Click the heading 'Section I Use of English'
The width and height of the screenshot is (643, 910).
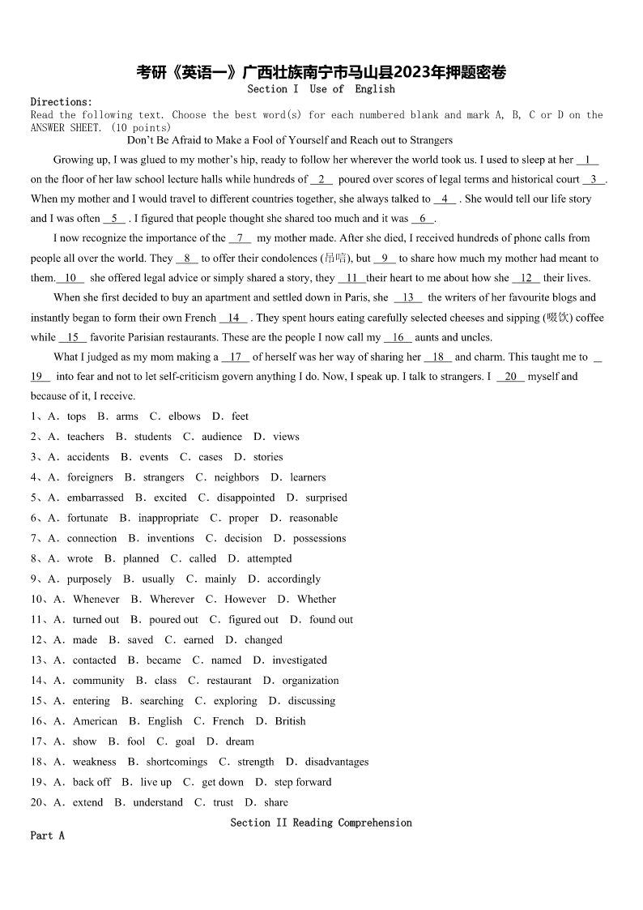[321, 89]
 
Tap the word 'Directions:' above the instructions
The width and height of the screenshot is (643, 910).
[62, 102]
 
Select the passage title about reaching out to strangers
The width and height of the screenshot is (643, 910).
[290, 140]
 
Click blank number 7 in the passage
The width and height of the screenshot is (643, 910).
[240, 238]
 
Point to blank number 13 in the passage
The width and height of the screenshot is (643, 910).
[407, 297]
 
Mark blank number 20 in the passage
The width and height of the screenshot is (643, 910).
[510, 376]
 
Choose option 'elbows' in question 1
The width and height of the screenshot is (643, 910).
[184, 417]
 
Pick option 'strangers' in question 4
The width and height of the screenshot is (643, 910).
[164, 477]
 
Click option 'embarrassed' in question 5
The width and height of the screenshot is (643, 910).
[96, 498]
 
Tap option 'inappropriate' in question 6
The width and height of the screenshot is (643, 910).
[168, 518]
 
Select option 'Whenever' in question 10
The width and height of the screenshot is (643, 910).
[96, 599]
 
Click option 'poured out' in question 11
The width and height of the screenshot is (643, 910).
[173, 619]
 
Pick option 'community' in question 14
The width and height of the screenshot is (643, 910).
[99, 681]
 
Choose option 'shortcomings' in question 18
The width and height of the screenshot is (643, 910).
[177, 762]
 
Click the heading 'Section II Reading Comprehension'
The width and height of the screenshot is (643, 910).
[321, 822]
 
